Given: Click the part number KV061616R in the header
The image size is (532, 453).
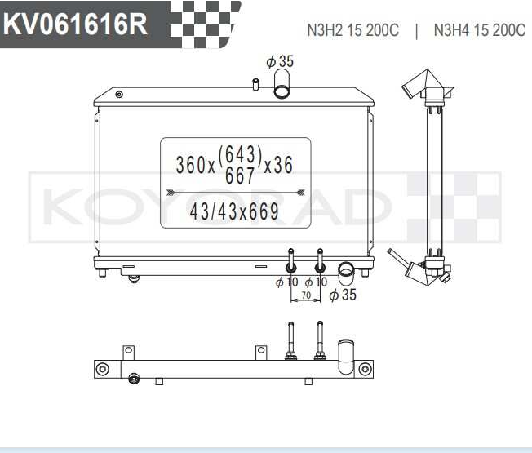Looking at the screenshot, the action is pyautogui.click(x=75, y=24).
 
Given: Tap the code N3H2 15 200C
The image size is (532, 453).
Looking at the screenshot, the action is pyautogui.click(x=352, y=30).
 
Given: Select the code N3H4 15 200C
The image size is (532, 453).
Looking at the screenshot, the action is pyautogui.click(x=480, y=30).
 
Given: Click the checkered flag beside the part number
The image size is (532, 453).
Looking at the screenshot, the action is pyautogui.click(x=205, y=24).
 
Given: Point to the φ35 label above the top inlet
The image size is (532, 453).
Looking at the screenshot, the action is pyautogui.click(x=280, y=61).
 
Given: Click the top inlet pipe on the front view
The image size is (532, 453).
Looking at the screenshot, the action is pyautogui.click(x=282, y=83).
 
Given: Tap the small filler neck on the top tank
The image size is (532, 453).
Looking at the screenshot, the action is pyautogui.click(x=255, y=84).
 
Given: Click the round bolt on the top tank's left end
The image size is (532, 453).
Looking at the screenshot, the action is pyautogui.click(x=119, y=95).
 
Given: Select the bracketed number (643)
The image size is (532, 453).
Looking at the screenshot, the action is pyautogui.click(x=240, y=155).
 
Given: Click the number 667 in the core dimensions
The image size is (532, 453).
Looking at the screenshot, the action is pyautogui.click(x=240, y=175).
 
